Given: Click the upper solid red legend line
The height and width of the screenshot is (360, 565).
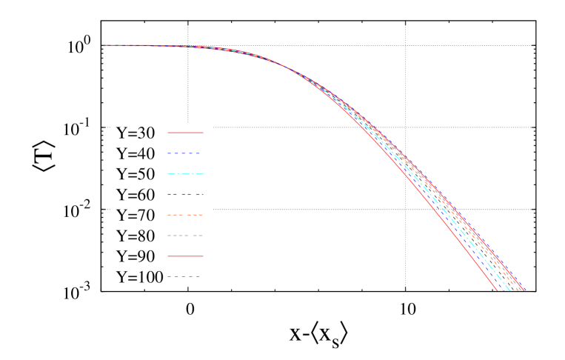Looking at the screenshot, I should pyautogui.click(x=185, y=133).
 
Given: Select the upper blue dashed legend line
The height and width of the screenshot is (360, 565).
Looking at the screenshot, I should pyautogui.click(x=184, y=153).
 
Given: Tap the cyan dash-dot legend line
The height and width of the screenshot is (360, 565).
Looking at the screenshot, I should pyautogui.click(x=185, y=174).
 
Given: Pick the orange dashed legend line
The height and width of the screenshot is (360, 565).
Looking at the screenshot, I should pyautogui.click(x=185, y=215).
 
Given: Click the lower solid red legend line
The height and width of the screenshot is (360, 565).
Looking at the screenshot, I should pyautogui.click(x=185, y=256).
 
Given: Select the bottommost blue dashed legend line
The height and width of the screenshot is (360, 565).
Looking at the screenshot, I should pyautogui.click(x=184, y=276).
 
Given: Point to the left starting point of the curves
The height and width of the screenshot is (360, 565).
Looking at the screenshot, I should pyautogui.click(x=102, y=45).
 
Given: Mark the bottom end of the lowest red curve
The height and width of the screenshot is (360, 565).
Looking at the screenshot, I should pyautogui.click(x=496, y=290).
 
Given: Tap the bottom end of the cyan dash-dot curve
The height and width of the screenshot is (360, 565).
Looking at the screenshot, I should pyautogui.click(x=509, y=290).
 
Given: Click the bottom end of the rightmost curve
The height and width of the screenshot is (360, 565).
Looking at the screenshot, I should pyautogui.click(x=525, y=290).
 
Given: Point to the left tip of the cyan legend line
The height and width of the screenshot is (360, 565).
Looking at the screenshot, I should pyautogui.click(x=168, y=174).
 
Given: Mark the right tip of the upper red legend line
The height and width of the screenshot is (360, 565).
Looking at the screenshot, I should pyautogui.click(x=203, y=133).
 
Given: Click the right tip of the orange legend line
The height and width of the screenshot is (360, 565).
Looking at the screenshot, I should pyautogui.click(x=202, y=215).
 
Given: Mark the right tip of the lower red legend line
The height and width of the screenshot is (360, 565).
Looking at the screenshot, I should pyautogui.click(x=203, y=256).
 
